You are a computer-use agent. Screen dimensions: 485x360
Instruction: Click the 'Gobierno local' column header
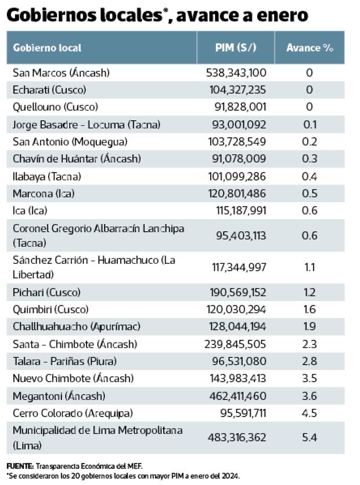click(47, 48)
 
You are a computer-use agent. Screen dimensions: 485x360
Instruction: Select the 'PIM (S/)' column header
click(235, 48)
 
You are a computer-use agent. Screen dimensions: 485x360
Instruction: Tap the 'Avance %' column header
click(309, 48)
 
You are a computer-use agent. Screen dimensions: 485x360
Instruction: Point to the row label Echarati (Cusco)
click(49, 90)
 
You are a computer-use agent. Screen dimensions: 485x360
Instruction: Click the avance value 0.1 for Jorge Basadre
click(309, 124)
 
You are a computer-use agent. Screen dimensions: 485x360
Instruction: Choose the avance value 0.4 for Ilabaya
click(309, 176)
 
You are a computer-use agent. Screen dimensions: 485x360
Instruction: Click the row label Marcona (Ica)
click(44, 193)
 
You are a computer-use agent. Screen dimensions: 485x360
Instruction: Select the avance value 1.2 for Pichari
click(309, 292)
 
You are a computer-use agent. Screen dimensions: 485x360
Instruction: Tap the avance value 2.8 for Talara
click(309, 361)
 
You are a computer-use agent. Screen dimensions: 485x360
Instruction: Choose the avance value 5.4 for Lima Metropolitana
click(309, 437)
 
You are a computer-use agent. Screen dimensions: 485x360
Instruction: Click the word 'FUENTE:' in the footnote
click(20, 466)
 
